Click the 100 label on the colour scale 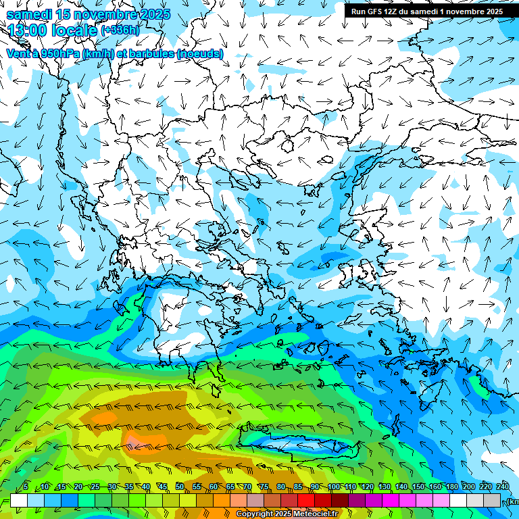tap(334, 487)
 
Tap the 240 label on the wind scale tap(503, 487)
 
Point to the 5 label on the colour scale tap(26, 487)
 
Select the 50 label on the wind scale tap(180, 487)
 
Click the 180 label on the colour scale tap(451, 487)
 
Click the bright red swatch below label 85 tap(307, 501)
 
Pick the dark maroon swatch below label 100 tap(341, 501)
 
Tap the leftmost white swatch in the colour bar tap(19, 501)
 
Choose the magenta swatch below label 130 tap(391, 501)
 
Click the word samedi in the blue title tap(28, 15)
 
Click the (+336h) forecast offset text tap(120, 31)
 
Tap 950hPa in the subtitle tap(59, 53)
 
